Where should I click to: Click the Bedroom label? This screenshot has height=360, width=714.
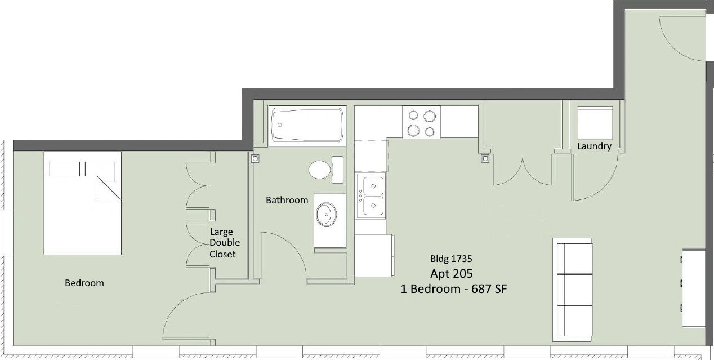click(x=84, y=283)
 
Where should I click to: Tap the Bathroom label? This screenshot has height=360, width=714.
click(x=287, y=200)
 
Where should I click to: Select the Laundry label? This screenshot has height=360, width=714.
click(x=594, y=146)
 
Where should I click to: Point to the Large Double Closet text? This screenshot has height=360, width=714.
click(x=225, y=243)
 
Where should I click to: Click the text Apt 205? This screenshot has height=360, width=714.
click(x=452, y=274)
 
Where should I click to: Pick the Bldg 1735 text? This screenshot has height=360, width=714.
click(x=451, y=259)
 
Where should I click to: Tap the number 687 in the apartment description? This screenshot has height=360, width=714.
click(x=481, y=289)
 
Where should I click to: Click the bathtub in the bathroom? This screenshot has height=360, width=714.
click(x=307, y=125)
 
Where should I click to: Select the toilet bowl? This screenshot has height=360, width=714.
click(x=319, y=170)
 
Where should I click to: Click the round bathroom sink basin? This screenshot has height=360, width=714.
click(x=326, y=214)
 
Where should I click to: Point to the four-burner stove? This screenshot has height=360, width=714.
click(x=421, y=122)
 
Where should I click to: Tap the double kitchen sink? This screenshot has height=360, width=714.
click(x=371, y=196)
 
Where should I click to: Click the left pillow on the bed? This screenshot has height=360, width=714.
click(x=64, y=168)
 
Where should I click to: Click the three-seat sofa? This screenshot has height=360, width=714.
click(x=573, y=290)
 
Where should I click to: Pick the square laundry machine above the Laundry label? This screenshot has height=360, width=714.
click(x=595, y=123)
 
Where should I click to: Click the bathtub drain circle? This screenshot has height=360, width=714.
click(x=279, y=125)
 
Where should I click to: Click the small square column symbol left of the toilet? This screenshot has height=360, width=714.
click(x=255, y=158)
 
